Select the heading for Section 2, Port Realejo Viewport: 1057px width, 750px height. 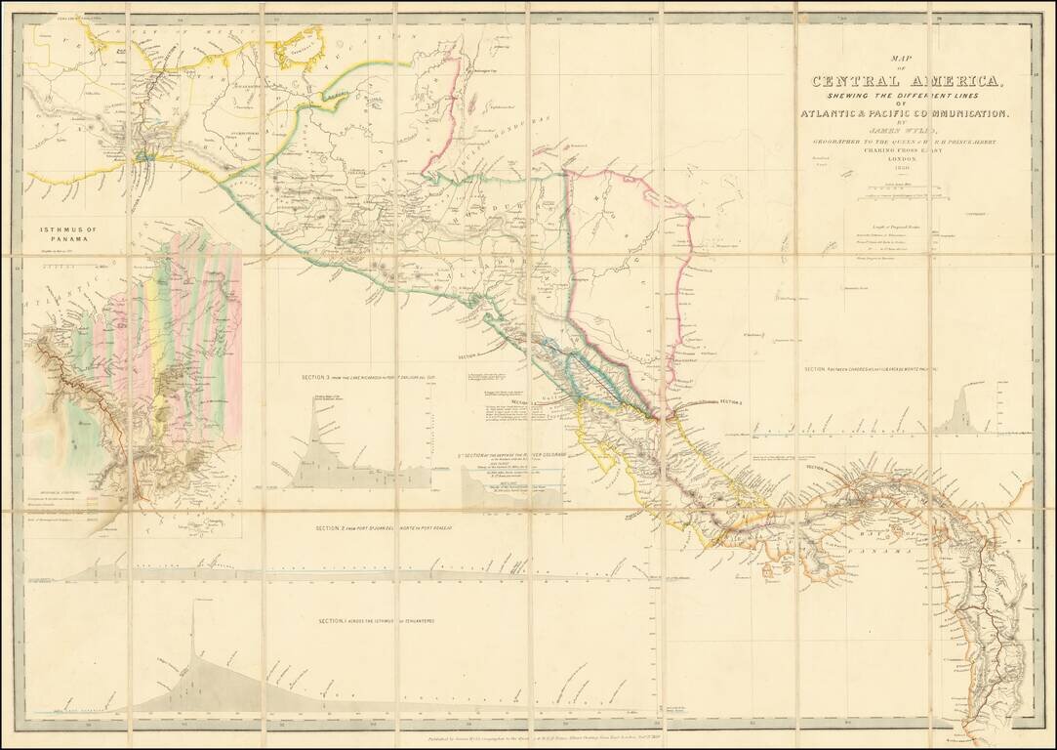click(x=379, y=528)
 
